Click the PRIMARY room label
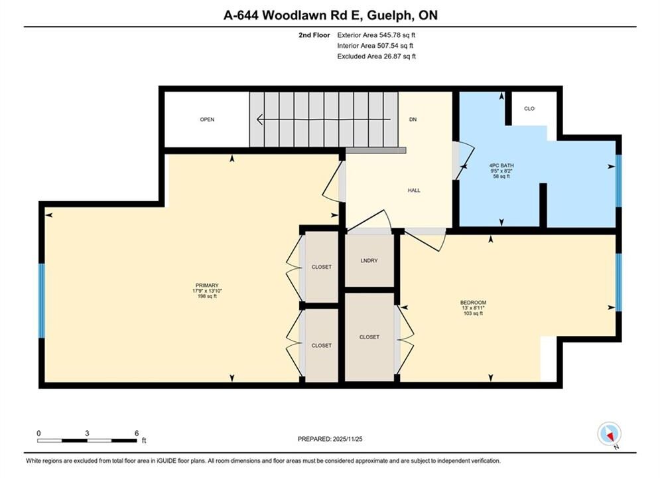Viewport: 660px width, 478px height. pos(207,285)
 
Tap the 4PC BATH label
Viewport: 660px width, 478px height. pos(501,165)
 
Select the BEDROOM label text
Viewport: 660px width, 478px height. pos(473,302)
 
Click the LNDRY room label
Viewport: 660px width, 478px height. pos(369,261)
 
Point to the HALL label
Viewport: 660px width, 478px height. pos(414,191)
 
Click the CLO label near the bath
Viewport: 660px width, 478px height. pos(529,109)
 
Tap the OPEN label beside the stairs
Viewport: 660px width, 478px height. pos(207,119)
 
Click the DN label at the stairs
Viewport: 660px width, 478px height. pos(413,119)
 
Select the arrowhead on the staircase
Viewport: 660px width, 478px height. pos(261,119)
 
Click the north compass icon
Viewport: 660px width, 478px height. pos(609,434)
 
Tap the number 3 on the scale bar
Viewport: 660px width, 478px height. pos(87,433)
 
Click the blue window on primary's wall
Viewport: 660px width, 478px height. pos(42,301)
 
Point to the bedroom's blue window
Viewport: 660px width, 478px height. pos(619,282)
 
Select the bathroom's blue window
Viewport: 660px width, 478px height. pos(619,181)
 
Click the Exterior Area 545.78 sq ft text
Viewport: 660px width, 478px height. pos(376,35)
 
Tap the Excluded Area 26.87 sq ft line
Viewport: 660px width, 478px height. pos(376,56)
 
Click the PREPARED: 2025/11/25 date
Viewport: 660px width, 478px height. pos(330,439)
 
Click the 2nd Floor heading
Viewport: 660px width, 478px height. pos(314,35)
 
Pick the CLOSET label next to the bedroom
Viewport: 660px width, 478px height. pos(369,337)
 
